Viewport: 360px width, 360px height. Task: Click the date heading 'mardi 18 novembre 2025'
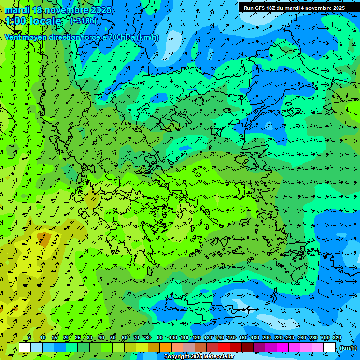(x=58, y=10)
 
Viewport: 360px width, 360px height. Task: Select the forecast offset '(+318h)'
(x=83, y=21)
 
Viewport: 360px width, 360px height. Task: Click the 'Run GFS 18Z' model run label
(x=263, y=7)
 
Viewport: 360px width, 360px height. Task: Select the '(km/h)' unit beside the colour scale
(x=347, y=348)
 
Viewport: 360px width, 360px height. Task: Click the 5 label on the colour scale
(x=30, y=338)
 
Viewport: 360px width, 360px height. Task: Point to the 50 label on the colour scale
(x=113, y=338)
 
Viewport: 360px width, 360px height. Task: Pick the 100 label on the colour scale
(x=172, y=338)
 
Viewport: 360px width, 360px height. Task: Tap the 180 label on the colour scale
(x=255, y=338)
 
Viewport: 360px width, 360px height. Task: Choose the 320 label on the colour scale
(x=337, y=338)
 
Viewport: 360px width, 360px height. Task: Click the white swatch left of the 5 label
(x=25, y=347)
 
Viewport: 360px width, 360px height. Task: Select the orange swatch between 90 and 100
(x=165, y=347)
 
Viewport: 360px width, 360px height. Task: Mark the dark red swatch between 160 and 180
(x=247, y=347)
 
